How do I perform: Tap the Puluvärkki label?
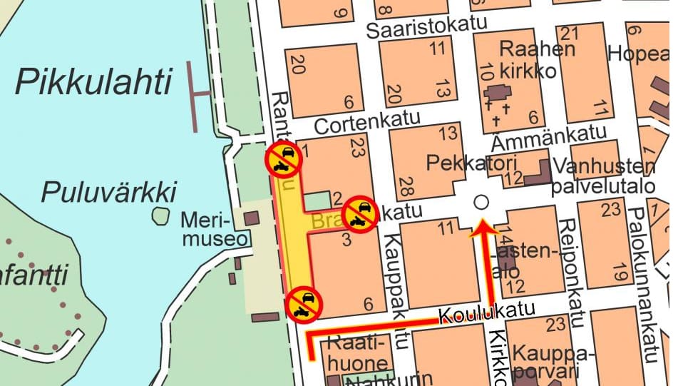tap(108, 191)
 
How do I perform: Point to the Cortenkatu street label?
tap(368, 122)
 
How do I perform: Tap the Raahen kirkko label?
tap(528, 61)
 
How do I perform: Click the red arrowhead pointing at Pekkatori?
tap(483, 228)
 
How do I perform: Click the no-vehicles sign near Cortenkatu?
tap(284, 158)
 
